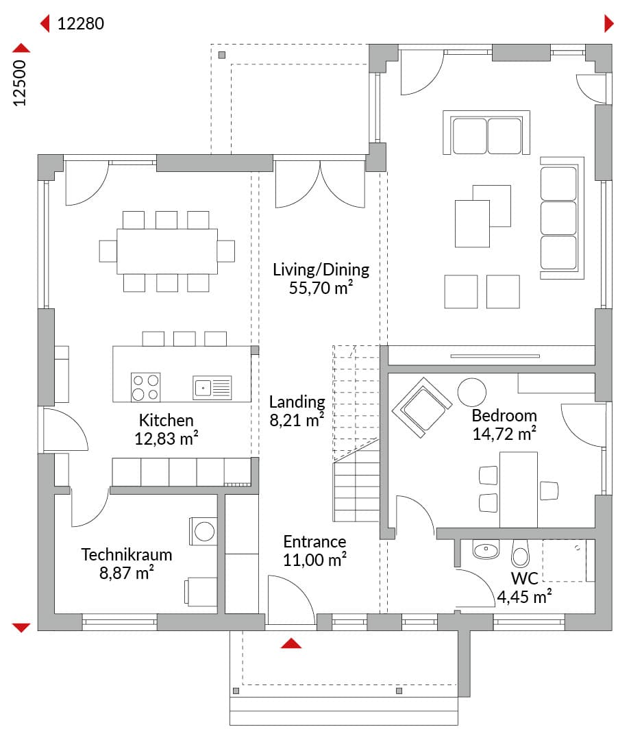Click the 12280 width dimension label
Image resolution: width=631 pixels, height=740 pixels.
tap(81, 23)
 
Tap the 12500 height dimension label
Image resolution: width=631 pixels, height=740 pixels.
tap(19, 83)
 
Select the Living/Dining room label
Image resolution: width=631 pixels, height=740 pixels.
tap(321, 269)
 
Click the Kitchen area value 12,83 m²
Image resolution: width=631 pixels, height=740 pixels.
tap(166, 439)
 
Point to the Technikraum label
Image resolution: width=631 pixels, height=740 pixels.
tap(127, 554)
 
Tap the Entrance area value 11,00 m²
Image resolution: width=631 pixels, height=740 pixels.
tap(314, 560)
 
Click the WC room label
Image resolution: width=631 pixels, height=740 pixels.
tap(524, 578)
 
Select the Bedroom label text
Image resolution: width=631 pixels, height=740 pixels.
tap(504, 415)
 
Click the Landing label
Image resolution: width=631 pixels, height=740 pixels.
tap(297, 402)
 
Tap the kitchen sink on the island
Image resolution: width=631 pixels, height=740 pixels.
tap(212, 387)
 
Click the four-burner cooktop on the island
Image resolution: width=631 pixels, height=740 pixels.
tap(145, 387)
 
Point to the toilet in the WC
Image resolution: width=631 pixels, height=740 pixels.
tap(521, 554)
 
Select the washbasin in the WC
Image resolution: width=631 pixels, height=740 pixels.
tap(486, 550)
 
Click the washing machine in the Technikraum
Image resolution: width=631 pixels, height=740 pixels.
tap(203, 532)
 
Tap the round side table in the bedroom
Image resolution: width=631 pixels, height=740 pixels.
tap(471, 392)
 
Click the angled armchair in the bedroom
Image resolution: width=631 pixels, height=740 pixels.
tap(422, 407)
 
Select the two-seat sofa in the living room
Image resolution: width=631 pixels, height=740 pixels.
tap(486, 133)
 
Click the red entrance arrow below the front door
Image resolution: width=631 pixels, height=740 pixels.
tap(290, 643)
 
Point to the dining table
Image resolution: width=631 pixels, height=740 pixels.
tap(167, 251)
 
